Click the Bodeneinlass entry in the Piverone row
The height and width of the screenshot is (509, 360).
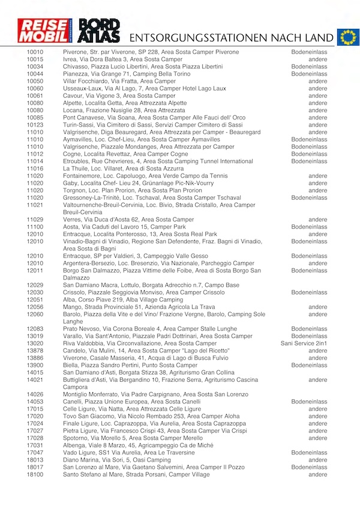[x=309, y=52]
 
